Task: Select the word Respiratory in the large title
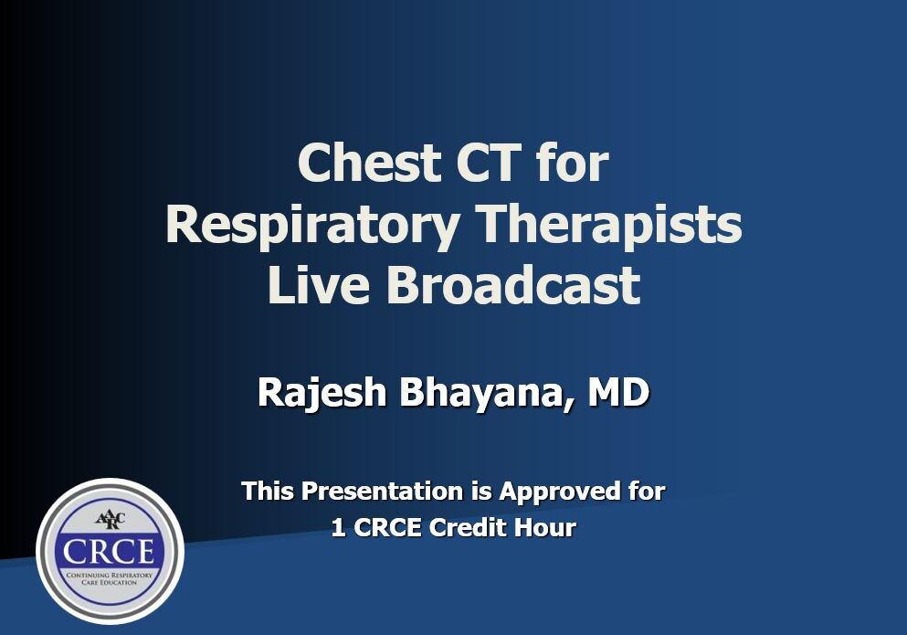(313, 227)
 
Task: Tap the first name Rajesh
(322, 393)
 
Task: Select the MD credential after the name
(618, 392)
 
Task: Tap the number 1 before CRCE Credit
(338, 528)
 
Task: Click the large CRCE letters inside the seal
(110, 551)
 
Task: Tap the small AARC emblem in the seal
(110, 519)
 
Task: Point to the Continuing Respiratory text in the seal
(110, 576)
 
